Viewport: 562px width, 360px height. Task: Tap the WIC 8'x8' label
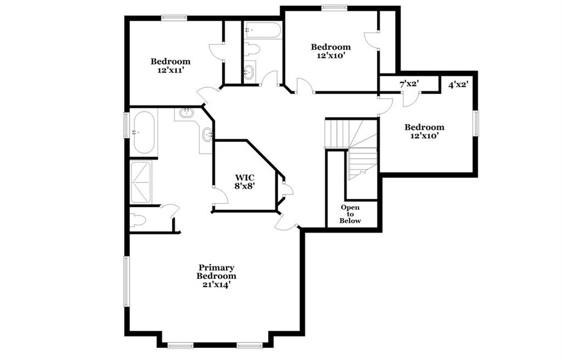(x=245, y=182)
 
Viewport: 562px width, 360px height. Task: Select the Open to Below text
(x=350, y=214)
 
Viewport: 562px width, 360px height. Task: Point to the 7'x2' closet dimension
(x=409, y=85)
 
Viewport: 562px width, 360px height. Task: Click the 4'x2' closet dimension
(x=458, y=85)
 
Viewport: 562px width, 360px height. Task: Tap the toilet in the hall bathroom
(x=251, y=49)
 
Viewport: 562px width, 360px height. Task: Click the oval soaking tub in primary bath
(x=144, y=132)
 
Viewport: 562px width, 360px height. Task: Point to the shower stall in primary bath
(x=140, y=183)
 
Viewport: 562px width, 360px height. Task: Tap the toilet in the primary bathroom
(x=138, y=220)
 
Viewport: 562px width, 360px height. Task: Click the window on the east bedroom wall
(x=476, y=123)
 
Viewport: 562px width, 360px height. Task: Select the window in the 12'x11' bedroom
(x=174, y=18)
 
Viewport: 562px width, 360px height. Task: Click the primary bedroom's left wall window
(x=127, y=282)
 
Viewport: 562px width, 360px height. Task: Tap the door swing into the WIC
(x=220, y=195)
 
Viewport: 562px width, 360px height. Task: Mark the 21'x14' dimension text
(x=216, y=285)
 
